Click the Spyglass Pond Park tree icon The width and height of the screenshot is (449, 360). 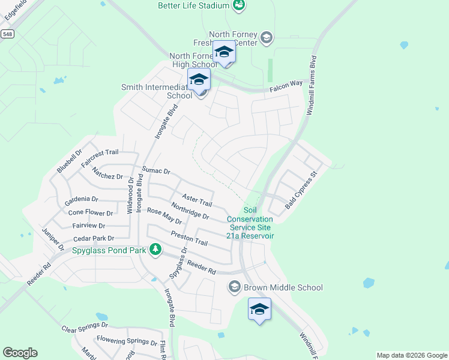coord(155,249)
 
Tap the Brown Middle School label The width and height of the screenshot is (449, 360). coord(283,287)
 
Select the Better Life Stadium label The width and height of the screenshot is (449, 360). coord(194,5)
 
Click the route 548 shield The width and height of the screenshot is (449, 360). coord(7,35)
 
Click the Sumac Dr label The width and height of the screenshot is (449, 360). coord(156,171)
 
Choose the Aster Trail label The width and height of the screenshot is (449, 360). coord(197,200)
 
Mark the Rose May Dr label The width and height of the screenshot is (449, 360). coord(164,216)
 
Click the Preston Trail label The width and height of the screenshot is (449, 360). coord(188,238)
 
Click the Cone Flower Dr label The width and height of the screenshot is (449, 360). coord(90,212)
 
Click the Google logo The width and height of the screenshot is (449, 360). coord(20,353)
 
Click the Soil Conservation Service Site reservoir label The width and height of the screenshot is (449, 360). coord(250,223)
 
